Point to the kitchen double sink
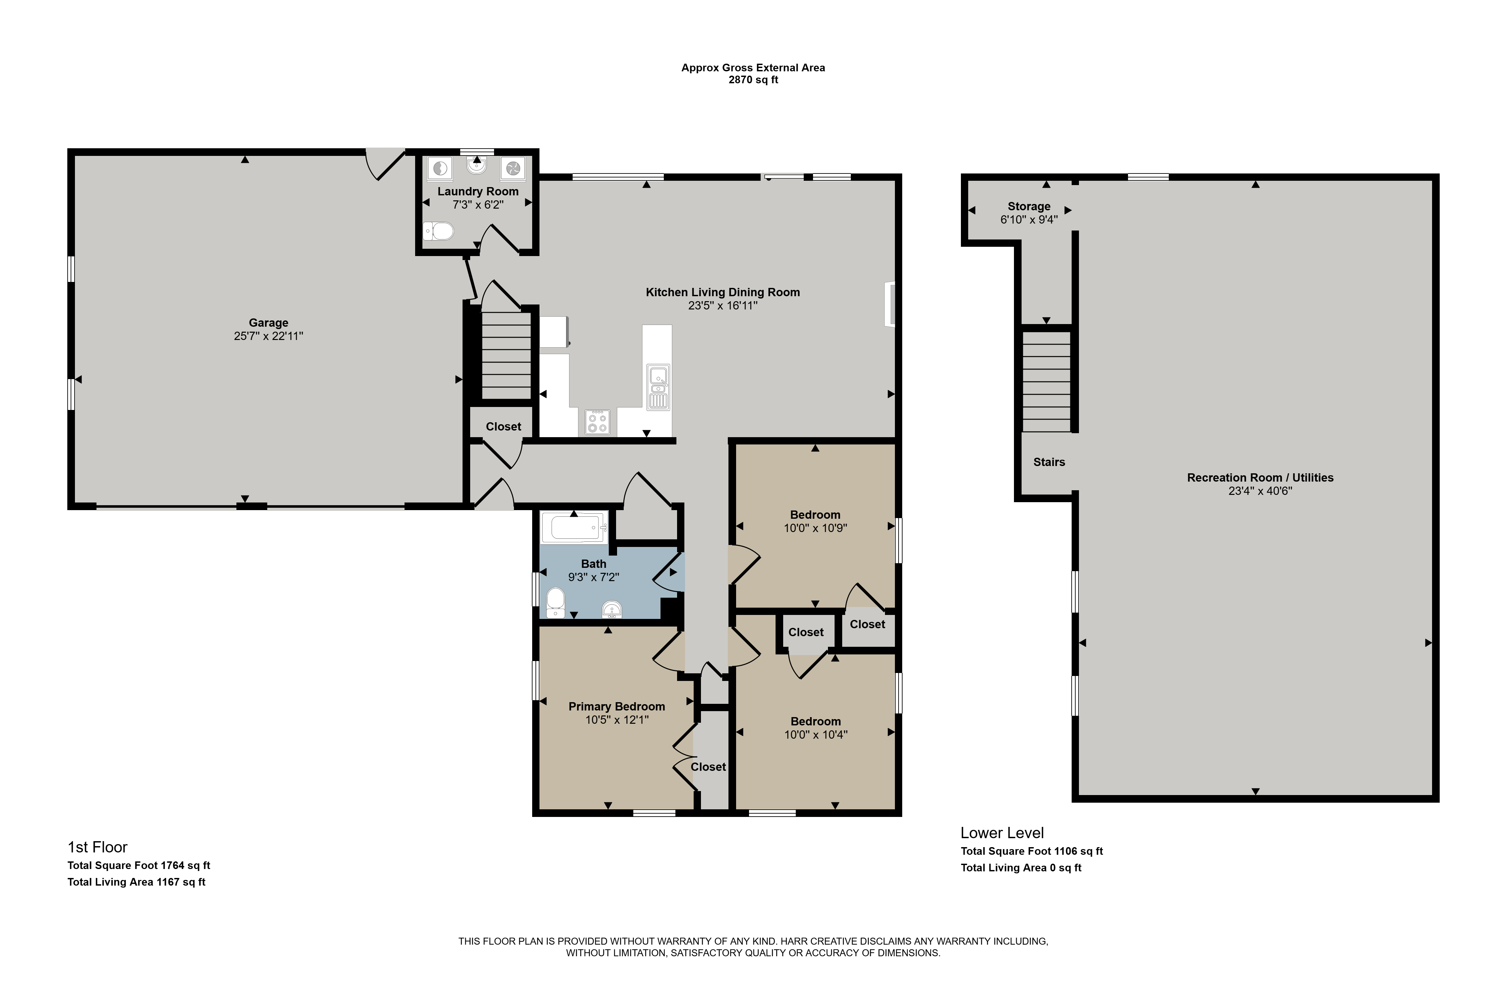[x=658, y=386]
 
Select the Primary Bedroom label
[x=616, y=707]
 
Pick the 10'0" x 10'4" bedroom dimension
[x=816, y=735]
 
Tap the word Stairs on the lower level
[x=1049, y=462]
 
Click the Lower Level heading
[x=1002, y=833]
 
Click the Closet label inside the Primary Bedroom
[x=708, y=767]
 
